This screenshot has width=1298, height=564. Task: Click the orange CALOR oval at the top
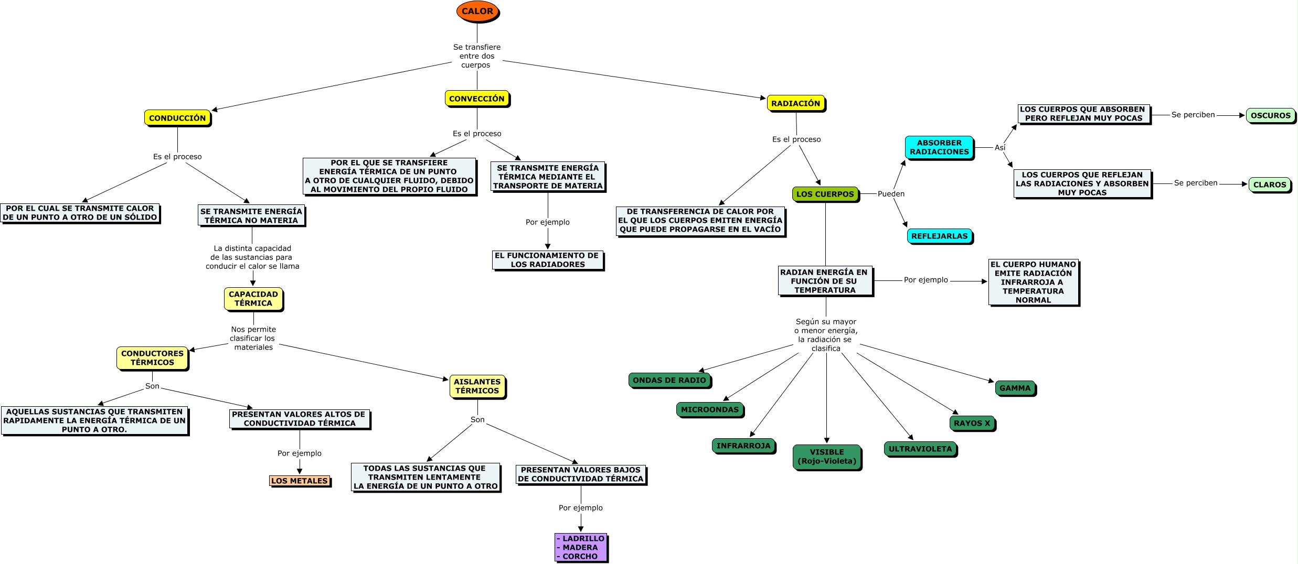(x=477, y=12)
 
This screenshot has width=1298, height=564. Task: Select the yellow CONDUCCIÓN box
(x=177, y=118)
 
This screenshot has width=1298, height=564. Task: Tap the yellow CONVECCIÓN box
(x=476, y=99)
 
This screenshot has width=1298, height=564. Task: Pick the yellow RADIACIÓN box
(x=795, y=103)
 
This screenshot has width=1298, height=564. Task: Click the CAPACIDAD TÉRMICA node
(x=253, y=299)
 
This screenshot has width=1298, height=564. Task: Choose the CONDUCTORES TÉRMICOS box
(x=152, y=358)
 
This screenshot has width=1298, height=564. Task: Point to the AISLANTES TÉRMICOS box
(x=477, y=386)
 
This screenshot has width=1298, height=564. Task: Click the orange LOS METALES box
(x=300, y=481)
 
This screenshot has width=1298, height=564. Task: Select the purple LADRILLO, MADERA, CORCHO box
(x=580, y=547)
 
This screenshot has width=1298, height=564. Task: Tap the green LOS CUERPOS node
(x=825, y=194)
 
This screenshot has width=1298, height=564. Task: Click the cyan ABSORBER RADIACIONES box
(x=939, y=147)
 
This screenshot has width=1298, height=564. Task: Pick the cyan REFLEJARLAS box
(x=939, y=236)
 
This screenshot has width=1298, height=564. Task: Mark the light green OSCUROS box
(x=1270, y=115)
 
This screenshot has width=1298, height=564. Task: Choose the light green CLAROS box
(x=1270, y=185)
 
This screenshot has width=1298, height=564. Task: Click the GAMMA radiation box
(x=1015, y=388)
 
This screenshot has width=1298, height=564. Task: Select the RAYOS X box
(x=972, y=423)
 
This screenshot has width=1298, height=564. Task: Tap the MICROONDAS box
(x=710, y=409)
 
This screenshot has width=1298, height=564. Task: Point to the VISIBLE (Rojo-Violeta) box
(x=827, y=457)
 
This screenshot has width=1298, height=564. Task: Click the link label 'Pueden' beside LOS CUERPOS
(x=891, y=194)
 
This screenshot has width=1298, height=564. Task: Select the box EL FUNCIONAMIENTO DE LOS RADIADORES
(x=547, y=260)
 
